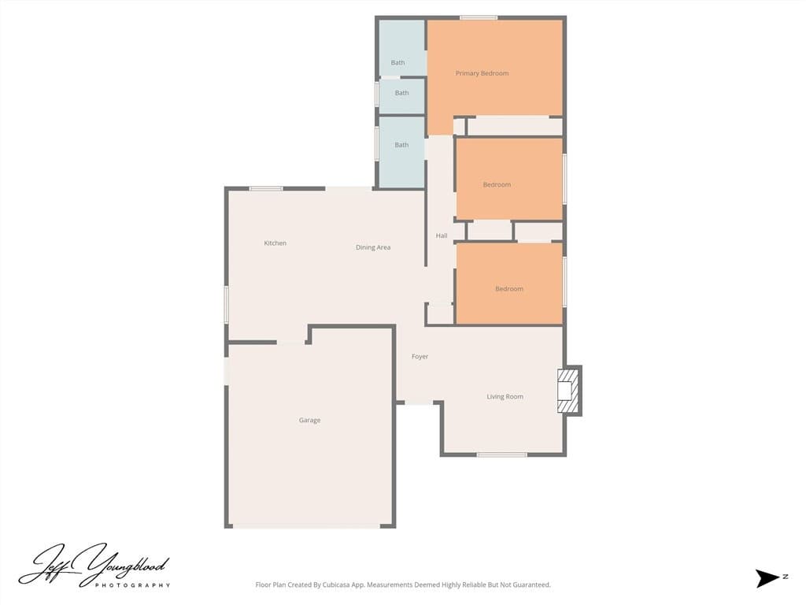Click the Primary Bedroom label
point(482,73)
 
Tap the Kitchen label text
point(275,243)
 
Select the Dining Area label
point(373,247)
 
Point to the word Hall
point(442,236)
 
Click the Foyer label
point(420,357)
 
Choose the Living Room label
point(505,397)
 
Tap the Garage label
point(309,421)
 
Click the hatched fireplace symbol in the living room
point(568,390)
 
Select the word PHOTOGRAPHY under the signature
point(132,585)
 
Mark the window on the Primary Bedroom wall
point(479,17)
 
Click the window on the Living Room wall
point(501,455)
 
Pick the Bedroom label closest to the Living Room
point(508,289)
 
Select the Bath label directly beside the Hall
point(401,145)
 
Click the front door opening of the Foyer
point(419,403)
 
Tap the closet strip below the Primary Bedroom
point(515,126)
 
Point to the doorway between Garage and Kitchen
point(292,342)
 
